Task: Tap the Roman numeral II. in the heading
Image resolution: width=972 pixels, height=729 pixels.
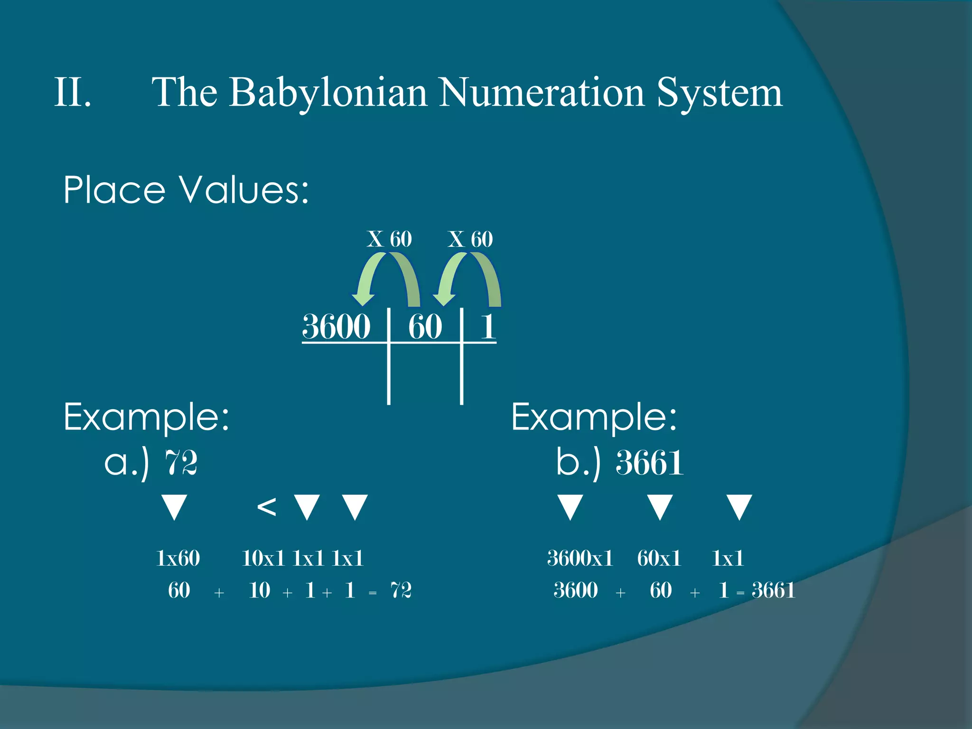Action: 73,92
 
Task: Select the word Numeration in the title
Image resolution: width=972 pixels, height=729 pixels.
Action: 541,93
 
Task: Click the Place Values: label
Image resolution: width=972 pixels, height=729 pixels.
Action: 186,190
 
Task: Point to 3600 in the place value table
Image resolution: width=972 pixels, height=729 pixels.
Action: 336,327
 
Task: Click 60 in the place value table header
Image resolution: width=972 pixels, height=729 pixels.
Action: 425,327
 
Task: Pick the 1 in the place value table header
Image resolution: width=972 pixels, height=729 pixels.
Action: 488,327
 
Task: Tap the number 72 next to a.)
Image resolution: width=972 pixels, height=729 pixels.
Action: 181,463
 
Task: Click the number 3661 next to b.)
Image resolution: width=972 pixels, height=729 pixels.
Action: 650,463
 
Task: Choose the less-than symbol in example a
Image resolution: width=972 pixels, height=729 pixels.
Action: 266,507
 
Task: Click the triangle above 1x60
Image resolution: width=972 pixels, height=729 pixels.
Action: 174,507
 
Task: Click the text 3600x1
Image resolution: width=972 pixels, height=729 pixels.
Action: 580,558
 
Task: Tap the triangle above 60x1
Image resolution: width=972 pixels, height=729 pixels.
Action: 660,507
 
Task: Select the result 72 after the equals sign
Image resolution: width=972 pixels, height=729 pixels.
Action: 401,590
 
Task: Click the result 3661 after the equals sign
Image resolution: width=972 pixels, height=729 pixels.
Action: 773,590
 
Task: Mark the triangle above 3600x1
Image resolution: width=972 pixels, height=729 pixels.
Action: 570,507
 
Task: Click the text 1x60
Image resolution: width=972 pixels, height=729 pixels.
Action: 178,558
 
